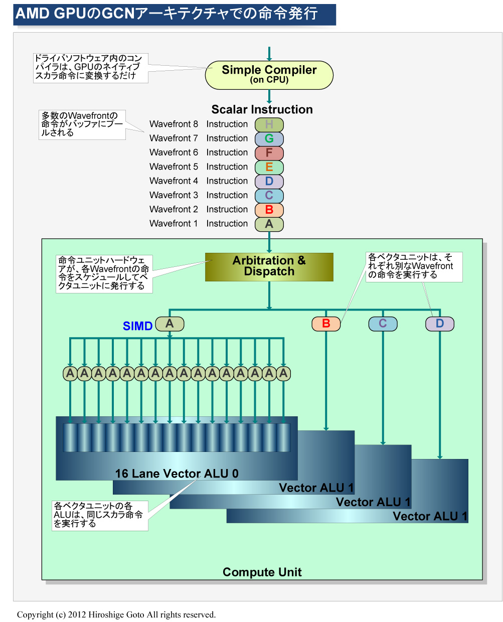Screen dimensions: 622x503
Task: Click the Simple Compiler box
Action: coord(269,75)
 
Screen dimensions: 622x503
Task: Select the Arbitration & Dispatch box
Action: coord(269,266)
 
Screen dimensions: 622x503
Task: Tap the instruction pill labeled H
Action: coord(269,124)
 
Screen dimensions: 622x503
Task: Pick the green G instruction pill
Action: coord(269,138)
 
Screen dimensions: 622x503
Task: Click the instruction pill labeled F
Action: coord(269,152)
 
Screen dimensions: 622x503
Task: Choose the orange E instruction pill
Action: coord(269,167)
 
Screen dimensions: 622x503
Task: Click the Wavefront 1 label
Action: coord(174,224)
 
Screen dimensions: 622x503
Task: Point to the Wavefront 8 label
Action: coord(174,124)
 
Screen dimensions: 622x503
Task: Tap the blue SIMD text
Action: coord(137,326)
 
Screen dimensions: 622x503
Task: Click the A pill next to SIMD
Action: coord(170,324)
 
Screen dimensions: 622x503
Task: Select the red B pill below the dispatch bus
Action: coord(326,324)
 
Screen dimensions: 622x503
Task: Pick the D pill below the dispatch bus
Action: coord(439,324)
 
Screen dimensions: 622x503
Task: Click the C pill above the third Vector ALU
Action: coord(383,324)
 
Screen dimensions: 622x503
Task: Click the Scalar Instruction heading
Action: coord(262,109)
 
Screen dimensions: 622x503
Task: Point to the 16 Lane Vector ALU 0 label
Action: coord(177,474)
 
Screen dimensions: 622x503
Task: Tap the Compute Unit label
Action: coord(262,572)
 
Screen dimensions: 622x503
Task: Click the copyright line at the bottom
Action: coord(116,614)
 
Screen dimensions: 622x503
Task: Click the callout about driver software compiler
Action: coord(90,67)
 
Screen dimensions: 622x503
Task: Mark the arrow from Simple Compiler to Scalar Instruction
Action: coord(269,96)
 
